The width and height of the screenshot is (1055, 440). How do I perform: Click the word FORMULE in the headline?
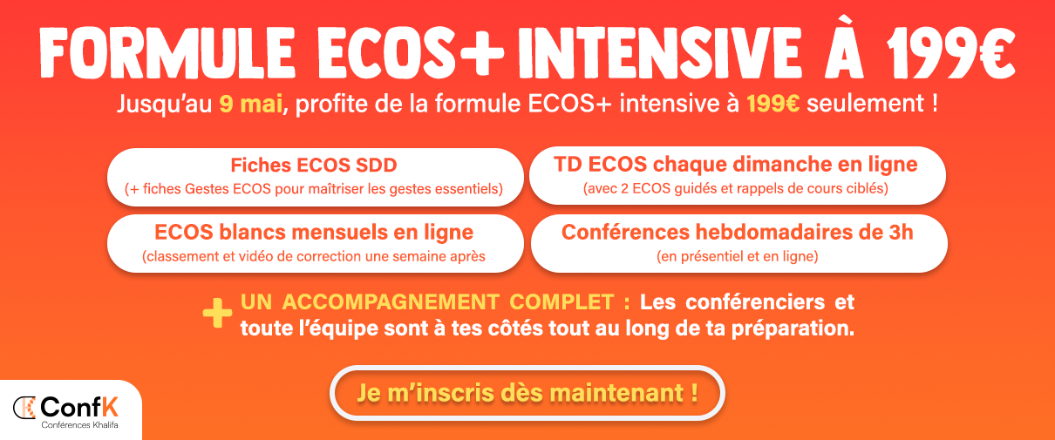tap(167, 52)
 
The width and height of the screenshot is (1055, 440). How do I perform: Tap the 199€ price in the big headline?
tap(950, 52)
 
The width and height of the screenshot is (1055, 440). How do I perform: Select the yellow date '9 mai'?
tap(250, 104)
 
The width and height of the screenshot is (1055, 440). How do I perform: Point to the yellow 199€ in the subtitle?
tap(773, 104)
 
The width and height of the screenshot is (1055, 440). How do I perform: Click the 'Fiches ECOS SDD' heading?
tap(314, 166)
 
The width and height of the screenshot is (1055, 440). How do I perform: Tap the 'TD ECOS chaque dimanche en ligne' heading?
tap(736, 165)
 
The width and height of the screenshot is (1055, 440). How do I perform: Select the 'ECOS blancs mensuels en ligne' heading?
tap(314, 233)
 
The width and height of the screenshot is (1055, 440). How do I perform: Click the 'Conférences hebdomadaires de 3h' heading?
tap(737, 232)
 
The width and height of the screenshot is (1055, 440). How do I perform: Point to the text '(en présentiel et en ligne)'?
tap(737, 256)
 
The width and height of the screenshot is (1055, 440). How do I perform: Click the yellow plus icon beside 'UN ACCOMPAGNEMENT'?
tap(217, 313)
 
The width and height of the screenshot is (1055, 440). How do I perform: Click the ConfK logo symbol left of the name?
tap(24, 408)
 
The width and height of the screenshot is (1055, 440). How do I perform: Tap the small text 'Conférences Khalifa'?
tap(79, 425)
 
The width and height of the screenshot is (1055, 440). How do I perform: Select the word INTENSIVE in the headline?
tap(660, 52)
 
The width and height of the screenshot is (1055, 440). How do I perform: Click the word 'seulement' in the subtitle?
tap(865, 104)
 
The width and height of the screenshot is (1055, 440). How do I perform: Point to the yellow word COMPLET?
tap(562, 302)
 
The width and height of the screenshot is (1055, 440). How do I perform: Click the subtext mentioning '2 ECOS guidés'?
tap(736, 189)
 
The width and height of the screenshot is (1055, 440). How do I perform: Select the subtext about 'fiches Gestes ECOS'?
tap(314, 189)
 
